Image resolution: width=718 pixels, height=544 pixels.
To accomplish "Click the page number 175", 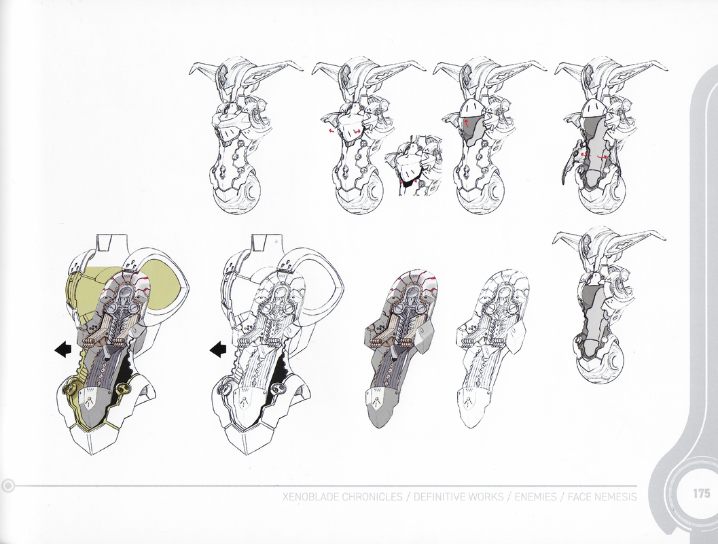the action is pyautogui.click(x=701, y=494).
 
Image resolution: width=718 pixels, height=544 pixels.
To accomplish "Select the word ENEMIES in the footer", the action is pyautogui.click(x=536, y=497).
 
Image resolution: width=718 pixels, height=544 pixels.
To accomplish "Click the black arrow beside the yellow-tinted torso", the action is pyautogui.click(x=63, y=350).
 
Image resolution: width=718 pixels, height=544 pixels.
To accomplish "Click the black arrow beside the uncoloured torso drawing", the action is pyautogui.click(x=218, y=350).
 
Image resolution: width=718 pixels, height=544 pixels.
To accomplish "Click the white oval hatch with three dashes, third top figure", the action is pyautogui.click(x=471, y=109).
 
